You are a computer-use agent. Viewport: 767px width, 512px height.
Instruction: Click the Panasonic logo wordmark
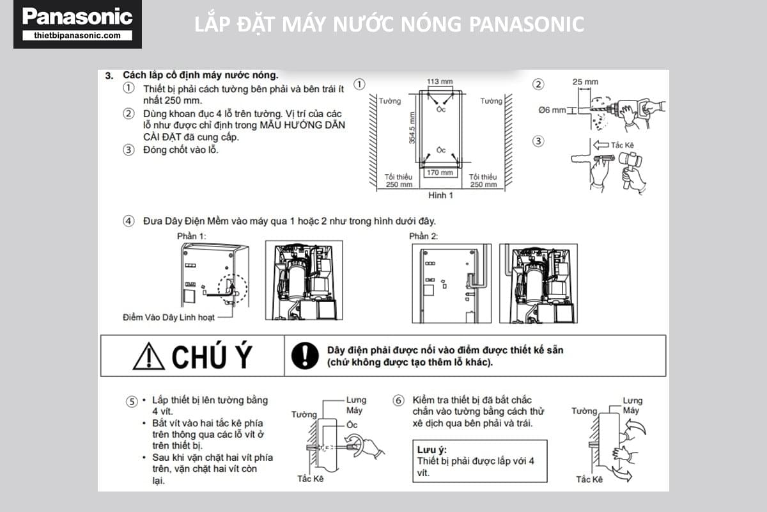coord(77,17)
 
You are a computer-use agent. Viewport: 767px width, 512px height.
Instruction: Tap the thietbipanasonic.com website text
coord(77,35)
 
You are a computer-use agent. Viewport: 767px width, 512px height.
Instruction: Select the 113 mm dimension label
coord(440,81)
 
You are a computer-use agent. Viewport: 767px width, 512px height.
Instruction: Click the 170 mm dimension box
coord(440,173)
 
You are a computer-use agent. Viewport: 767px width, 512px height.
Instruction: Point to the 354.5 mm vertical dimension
coord(412,127)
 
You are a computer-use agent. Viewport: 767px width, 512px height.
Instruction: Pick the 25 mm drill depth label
coord(585,82)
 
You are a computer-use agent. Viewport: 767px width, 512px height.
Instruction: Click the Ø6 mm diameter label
coord(552,110)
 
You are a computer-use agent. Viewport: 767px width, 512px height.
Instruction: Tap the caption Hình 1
coord(440,195)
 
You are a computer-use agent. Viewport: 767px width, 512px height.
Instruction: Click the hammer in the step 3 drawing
coord(630,168)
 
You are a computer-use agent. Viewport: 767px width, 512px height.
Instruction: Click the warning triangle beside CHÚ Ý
coord(148,356)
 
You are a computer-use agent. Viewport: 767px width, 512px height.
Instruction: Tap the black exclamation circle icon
coord(305,356)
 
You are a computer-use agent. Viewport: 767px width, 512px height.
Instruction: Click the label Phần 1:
coord(191,236)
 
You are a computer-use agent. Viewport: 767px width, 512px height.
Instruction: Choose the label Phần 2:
coord(423,236)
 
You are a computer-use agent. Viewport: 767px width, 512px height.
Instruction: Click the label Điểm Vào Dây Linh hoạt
coord(169,317)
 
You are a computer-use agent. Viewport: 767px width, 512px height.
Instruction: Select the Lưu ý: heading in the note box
coord(432,450)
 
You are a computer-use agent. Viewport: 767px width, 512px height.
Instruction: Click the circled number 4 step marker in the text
coord(128,221)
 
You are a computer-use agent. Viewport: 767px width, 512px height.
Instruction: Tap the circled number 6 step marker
coord(398,400)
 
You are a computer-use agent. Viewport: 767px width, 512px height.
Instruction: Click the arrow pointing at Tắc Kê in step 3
coord(601,145)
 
